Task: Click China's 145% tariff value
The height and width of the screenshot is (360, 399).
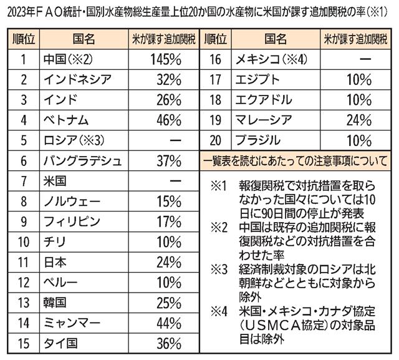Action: pyautogui.click(x=165, y=61)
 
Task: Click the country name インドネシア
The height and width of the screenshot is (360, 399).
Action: pyautogui.click(x=78, y=80)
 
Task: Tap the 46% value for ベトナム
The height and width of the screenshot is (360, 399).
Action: pyautogui.click(x=165, y=120)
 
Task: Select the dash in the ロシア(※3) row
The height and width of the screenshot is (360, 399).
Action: pyautogui.click(x=165, y=141)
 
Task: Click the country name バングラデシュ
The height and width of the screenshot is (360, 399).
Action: pyautogui.click(x=83, y=161)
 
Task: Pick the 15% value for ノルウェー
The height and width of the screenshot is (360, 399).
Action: pyautogui.click(x=165, y=202)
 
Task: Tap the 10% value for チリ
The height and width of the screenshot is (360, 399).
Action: pyautogui.click(x=165, y=242)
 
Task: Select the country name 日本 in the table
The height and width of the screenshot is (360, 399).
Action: pyautogui.click(x=55, y=262)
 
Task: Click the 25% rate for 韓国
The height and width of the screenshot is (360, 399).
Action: pyautogui.click(x=165, y=303)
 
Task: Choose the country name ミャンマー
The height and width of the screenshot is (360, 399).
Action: pyautogui.click(x=73, y=323)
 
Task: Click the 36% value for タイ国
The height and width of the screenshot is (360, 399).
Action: pyautogui.click(x=165, y=343)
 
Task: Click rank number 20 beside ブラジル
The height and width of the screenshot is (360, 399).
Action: pyautogui.click(x=215, y=141)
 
